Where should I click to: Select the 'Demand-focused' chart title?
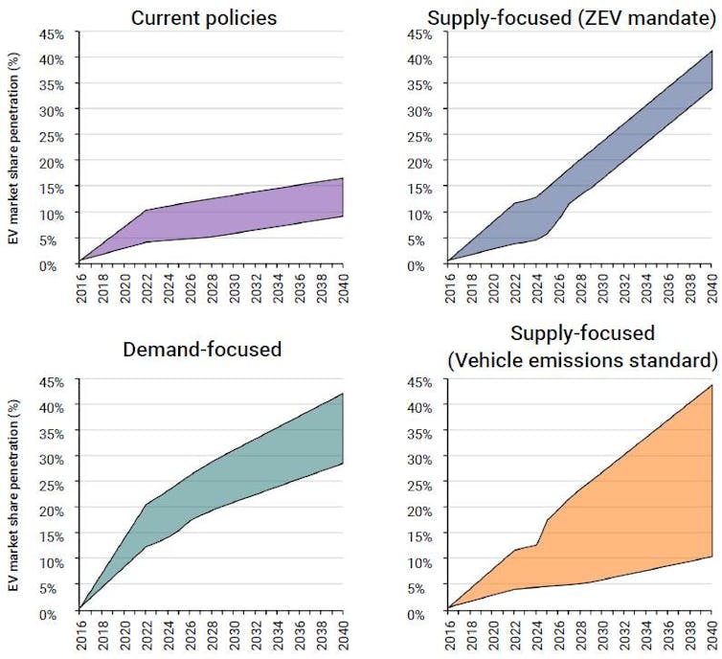(202, 350)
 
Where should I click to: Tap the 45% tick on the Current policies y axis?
(53, 34)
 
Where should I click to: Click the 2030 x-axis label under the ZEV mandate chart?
(602, 285)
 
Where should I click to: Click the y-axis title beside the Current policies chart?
(14, 148)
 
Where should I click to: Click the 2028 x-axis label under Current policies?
(212, 285)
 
